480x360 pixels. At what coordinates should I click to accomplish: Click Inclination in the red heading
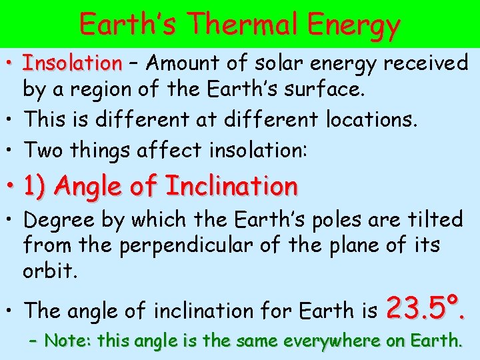231,185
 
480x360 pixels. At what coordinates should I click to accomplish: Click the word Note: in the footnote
68,341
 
